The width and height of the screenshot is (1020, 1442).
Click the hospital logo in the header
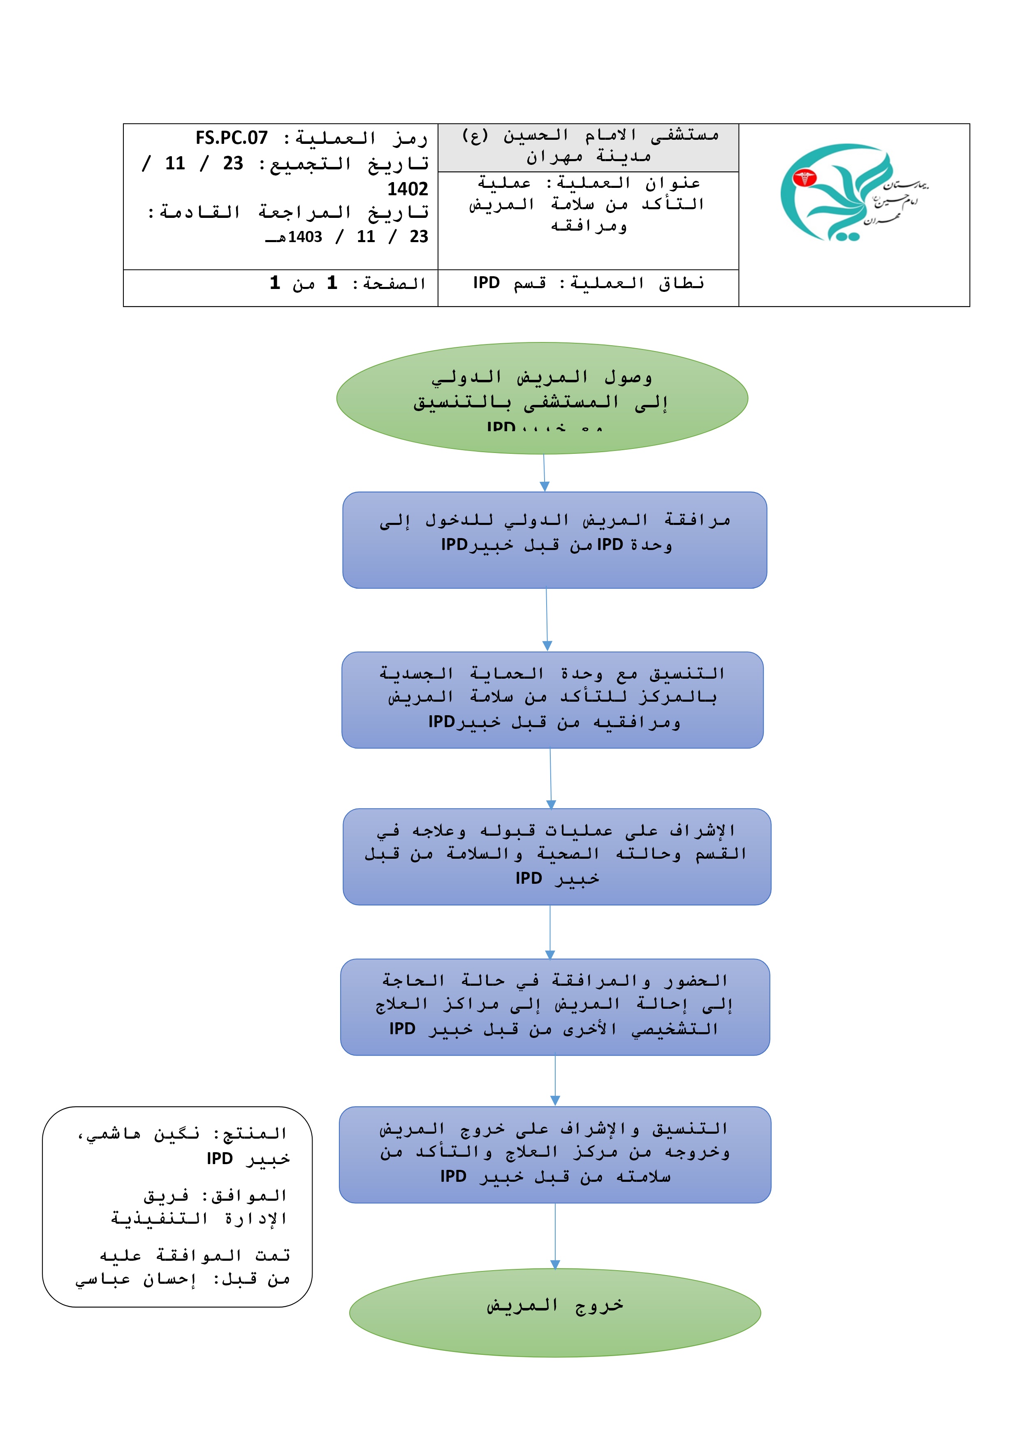point(853,193)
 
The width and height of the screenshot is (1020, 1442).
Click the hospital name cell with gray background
point(588,147)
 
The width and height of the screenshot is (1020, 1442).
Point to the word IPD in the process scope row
point(487,283)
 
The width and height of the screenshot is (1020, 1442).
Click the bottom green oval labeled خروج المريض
point(554,1313)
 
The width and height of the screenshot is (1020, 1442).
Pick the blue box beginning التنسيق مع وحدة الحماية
point(552,700)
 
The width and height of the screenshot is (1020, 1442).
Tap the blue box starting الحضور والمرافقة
point(555,1007)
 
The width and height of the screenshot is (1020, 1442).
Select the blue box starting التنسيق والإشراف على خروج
point(555,1154)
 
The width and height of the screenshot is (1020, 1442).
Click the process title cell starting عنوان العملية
point(588,204)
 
